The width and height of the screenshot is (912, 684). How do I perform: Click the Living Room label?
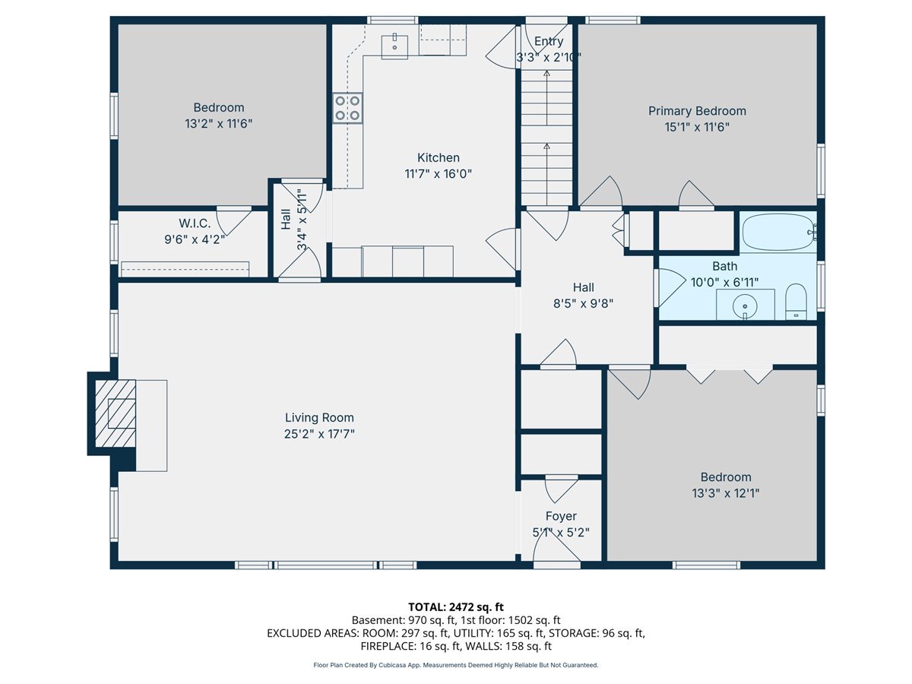pos(319,417)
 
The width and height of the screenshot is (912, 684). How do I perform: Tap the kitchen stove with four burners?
pos(347,108)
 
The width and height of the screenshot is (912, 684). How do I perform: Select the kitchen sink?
pos(394,46)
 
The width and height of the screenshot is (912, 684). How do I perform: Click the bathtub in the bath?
pos(777,232)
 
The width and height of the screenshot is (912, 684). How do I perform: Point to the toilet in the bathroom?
pos(796,302)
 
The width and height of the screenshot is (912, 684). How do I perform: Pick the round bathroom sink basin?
pos(745,307)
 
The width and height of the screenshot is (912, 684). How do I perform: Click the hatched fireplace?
pos(116,413)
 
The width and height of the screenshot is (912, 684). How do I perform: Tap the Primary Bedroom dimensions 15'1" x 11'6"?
pos(697,127)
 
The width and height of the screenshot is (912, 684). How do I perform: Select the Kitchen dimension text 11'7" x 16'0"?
pos(439,173)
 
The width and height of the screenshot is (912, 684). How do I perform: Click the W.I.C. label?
pos(195,223)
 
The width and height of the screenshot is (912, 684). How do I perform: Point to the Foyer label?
pos(561,516)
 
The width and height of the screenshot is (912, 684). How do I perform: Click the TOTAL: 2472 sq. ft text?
pos(456,606)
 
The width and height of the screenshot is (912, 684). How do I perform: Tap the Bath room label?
pos(724,266)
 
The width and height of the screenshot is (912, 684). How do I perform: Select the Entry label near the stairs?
pos(549,41)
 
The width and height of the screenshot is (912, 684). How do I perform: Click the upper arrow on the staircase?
pos(546,97)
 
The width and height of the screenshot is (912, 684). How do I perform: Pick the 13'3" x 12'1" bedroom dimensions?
pos(726,493)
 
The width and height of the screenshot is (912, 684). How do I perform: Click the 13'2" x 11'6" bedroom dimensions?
pos(219,123)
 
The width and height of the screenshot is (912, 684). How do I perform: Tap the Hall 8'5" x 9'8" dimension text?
pos(583,303)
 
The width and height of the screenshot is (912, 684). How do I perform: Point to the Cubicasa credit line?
pos(456,665)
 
